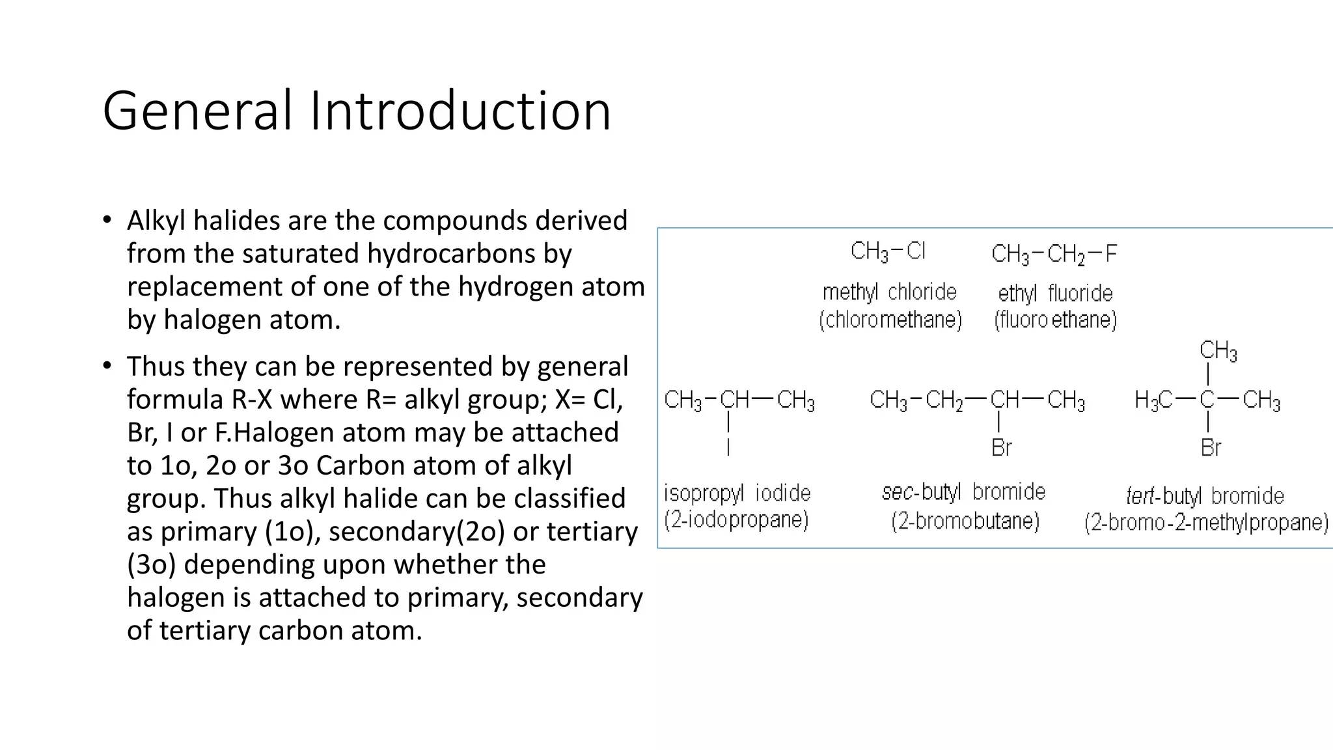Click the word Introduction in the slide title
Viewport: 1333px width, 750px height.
click(460, 111)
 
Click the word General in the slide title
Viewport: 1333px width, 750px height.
click(197, 111)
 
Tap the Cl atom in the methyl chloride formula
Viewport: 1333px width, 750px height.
click(915, 251)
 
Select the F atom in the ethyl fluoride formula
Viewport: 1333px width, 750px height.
click(1110, 253)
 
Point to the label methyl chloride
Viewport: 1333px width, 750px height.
click(889, 292)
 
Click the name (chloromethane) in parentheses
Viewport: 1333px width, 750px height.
click(890, 320)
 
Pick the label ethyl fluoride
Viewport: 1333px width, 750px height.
click(1055, 294)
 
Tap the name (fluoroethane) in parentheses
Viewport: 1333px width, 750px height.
click(1055, 320)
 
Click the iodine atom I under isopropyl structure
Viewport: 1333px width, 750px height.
click(728, 447)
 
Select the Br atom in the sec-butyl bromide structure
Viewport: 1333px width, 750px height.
click(1001, 448)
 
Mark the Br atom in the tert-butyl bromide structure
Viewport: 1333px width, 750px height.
click(1211, 448)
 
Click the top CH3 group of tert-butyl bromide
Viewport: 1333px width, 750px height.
click(1218, 351)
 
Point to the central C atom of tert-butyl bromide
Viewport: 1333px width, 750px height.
click(1207, 399)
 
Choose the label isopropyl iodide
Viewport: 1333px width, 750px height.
click(737, 493)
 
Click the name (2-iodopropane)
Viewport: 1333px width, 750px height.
click(736, 520)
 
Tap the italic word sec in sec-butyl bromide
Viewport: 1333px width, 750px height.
click(898, 492)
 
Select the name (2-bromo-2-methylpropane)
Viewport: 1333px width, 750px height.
click(1206, 523)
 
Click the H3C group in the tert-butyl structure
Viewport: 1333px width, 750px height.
click(1153, 400)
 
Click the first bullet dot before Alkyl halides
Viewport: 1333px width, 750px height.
click(107, 220)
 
